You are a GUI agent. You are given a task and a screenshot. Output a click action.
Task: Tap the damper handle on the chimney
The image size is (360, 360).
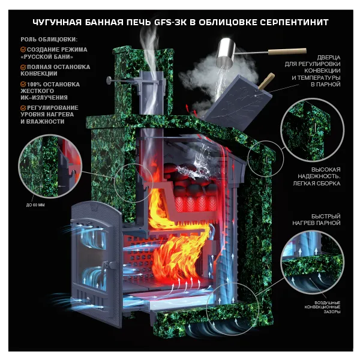coord(109,79)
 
